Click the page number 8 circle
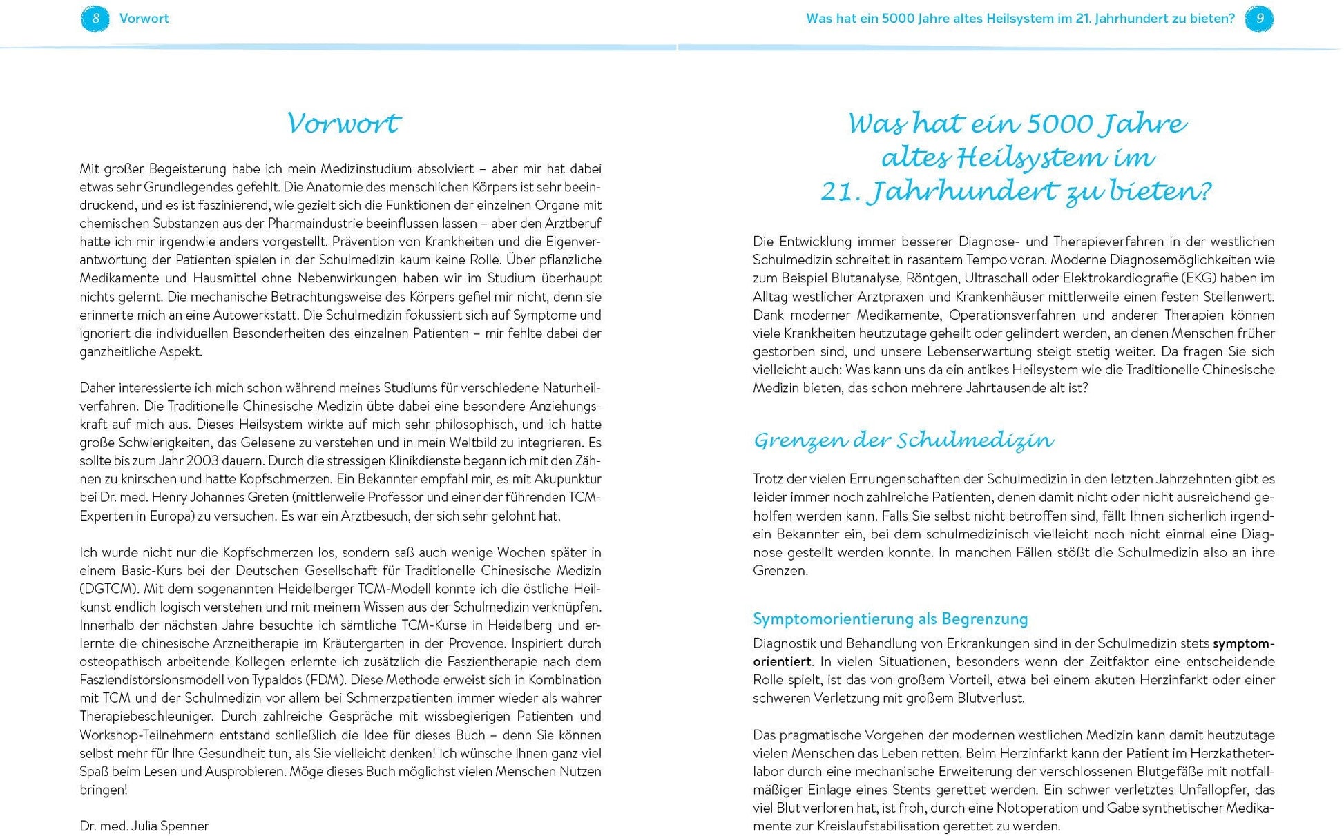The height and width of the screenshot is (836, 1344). click(x=95, y=19)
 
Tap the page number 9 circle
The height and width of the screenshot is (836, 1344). click(x=1259, y=19)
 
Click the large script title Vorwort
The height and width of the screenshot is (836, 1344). click(x=343, y=124)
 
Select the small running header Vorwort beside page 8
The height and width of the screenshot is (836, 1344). click(x=144, y=19)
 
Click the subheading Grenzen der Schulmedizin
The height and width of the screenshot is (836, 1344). click(x=903, y=440)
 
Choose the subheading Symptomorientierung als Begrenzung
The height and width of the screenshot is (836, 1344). click(x=890, y=619)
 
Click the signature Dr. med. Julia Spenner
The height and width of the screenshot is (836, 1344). click(x=144, y=826)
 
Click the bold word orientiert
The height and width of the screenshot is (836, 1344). click(x=782, y=661)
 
